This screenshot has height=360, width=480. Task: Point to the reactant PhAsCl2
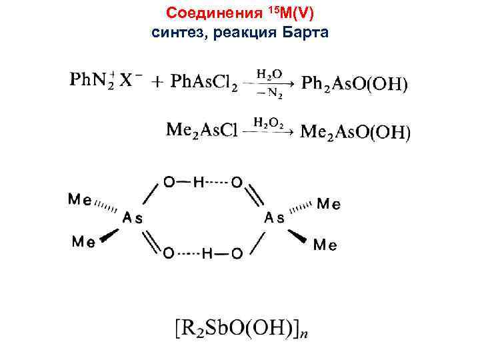(x=203, y=82)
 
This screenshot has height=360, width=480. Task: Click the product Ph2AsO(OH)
(x=354, y=83)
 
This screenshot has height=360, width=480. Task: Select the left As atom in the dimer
(x=133, y=217)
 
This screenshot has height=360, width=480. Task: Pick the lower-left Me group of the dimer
(x=83, y=242)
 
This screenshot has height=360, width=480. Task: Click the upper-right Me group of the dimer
(x=327, y=204)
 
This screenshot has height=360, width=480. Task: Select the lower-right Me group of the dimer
(x=325, y=245)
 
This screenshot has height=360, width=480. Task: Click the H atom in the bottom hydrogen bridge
(x=208, y=253)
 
